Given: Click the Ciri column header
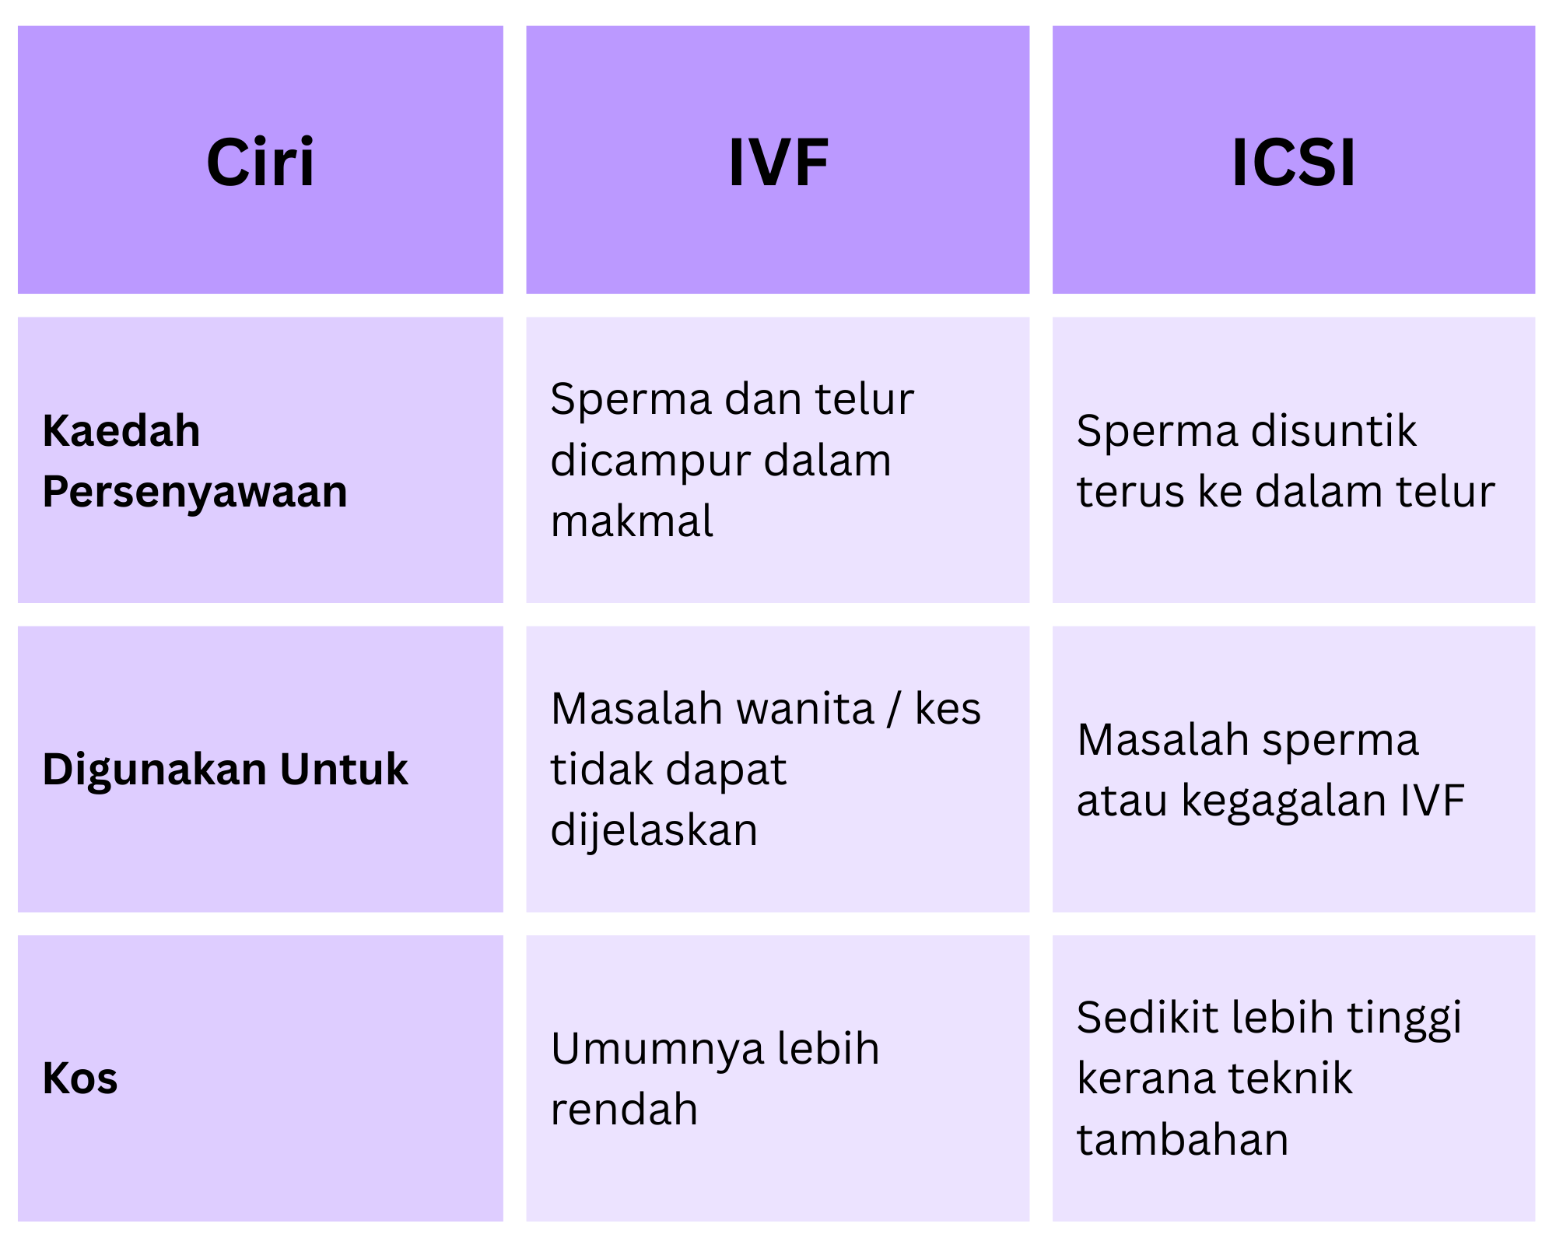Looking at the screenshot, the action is click(261, 162).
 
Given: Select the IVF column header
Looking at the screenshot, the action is click(778, 162).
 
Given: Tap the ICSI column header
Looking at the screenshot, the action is click(1294, 162).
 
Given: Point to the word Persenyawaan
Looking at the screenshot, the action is click(195, 492).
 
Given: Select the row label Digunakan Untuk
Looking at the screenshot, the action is click(226, 770).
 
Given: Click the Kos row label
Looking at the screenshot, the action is click(80, 1078).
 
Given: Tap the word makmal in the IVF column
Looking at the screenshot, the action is click(632, 521).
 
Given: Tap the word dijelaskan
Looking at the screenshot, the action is click(654, 830).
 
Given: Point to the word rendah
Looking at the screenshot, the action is click(625, 1109).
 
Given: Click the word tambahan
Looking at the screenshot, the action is click(1183, 1140).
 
